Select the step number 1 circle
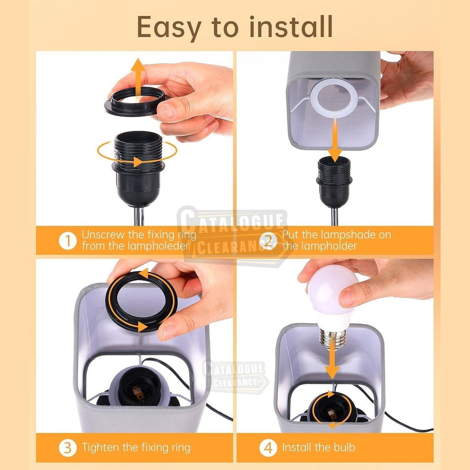68,241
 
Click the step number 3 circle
68,448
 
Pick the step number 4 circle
268,448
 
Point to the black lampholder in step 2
334,182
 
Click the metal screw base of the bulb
333,339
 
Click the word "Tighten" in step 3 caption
101,448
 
